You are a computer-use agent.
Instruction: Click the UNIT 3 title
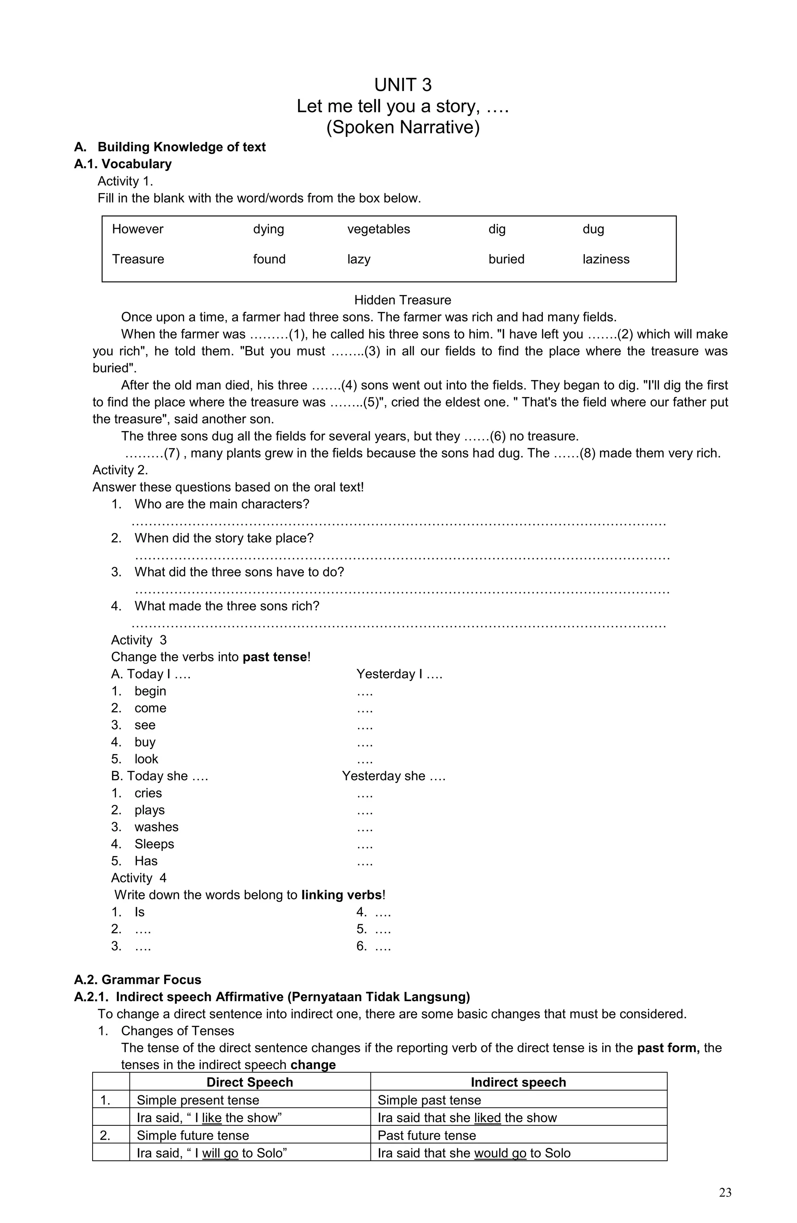click(402, 85)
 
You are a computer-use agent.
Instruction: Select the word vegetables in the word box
click(378, 229)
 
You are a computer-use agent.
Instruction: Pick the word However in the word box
click(137, 229)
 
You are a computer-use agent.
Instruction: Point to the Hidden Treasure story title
click(402, 300)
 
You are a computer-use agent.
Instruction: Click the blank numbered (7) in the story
click(152, 453)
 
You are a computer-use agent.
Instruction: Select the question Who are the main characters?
click(221, 504)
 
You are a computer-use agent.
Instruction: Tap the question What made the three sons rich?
click(226, 606)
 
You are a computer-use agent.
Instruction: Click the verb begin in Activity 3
click(150, 691)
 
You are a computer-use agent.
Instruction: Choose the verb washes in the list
click(156, 827)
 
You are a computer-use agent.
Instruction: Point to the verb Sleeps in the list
click(154, 844)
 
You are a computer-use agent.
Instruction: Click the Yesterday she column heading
click(393, 776)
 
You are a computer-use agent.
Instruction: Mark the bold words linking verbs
click(342, 895)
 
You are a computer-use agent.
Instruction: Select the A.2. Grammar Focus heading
click(137, 980)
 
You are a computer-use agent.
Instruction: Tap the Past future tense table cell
click(427, 1135)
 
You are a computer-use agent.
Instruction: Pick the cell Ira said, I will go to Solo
click(211, 1153)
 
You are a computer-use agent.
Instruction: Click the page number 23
click(725, 1193)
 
